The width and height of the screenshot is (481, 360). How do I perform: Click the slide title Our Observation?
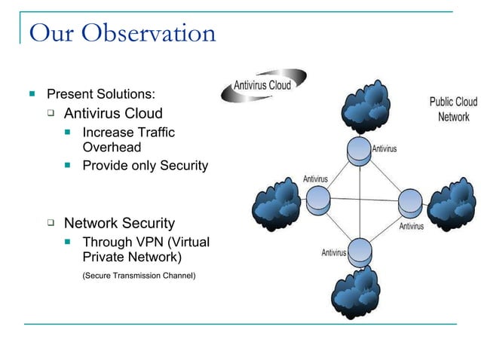(122, 33)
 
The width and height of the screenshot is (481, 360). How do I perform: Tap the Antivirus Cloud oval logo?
(263, 85)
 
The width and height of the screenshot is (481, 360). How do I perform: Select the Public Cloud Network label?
(453, 109)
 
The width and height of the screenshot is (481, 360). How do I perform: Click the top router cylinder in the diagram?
(359, 151)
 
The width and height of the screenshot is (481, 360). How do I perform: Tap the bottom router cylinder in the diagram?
(359, 251)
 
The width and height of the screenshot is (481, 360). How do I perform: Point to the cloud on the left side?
(279, 204)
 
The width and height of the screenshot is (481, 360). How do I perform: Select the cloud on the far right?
(454, 204)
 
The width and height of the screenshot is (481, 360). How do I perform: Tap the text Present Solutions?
(102, 95)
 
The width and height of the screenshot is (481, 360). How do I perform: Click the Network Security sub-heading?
(119, 223)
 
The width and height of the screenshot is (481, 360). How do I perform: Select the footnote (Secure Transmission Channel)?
(139, 276)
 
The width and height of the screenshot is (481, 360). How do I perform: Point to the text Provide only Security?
(145, 165)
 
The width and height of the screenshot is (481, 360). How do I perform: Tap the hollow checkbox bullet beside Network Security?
(51, 223)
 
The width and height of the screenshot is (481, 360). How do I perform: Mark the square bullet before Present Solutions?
(32, 95)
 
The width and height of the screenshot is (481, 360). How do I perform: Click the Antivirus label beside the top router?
(384, 149)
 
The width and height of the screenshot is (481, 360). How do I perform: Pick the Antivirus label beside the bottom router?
(333, 252)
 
